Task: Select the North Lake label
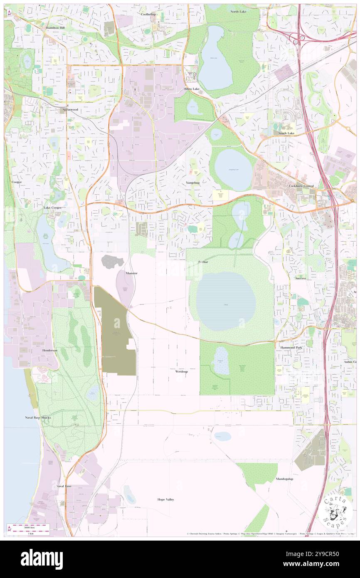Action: point(238,11)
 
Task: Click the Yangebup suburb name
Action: point(193,183)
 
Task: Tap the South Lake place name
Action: point(286,133)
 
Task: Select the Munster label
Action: point(131,273)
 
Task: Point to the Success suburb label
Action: point(300,278)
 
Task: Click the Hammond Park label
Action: point(291,347)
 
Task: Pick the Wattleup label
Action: point(181,371)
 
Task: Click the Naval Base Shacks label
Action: point(37,417)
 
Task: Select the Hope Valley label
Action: point(166,499)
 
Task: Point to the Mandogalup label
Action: point(284,479)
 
